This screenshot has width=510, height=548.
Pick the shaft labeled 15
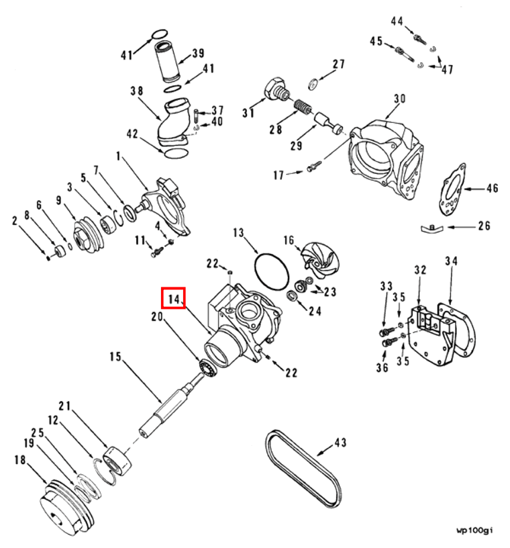coord(166,408)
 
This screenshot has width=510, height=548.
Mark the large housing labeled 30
coord(386,158)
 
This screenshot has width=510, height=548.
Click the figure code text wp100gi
coord(474,530)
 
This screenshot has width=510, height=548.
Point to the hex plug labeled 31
coord(274,89)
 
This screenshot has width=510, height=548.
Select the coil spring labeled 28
coord(303,106)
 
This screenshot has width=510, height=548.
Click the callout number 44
coord(397,21)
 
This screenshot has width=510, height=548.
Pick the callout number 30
coord(399,99)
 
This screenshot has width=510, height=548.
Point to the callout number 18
coord(19,460)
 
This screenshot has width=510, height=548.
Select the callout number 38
coord(137,89)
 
